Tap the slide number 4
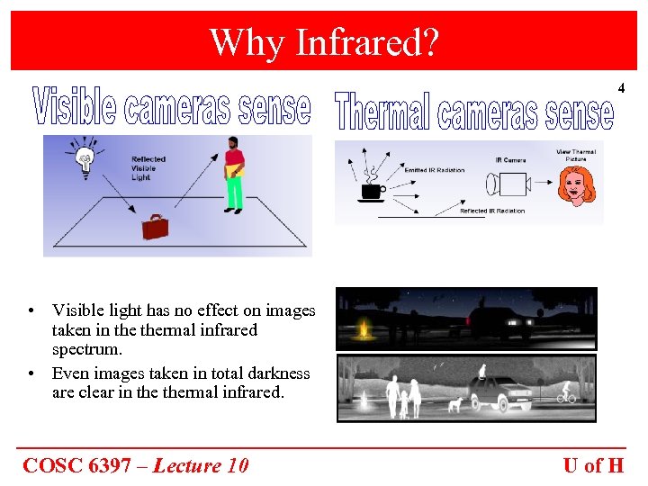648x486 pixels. click(620, 87)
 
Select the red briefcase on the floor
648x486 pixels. click(155, 226)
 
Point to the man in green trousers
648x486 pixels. click(234, 175)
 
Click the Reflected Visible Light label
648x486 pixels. click(148, 167)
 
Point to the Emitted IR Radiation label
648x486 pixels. click(428, 170)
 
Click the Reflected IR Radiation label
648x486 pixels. click(491, 211)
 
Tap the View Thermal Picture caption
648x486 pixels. click(576, 155)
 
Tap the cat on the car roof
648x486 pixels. click(483, 368)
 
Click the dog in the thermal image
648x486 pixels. click(455, 404)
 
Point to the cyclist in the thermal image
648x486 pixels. click(565, 394)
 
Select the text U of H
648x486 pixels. click(593, 465)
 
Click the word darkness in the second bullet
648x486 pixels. click(278, 373)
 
